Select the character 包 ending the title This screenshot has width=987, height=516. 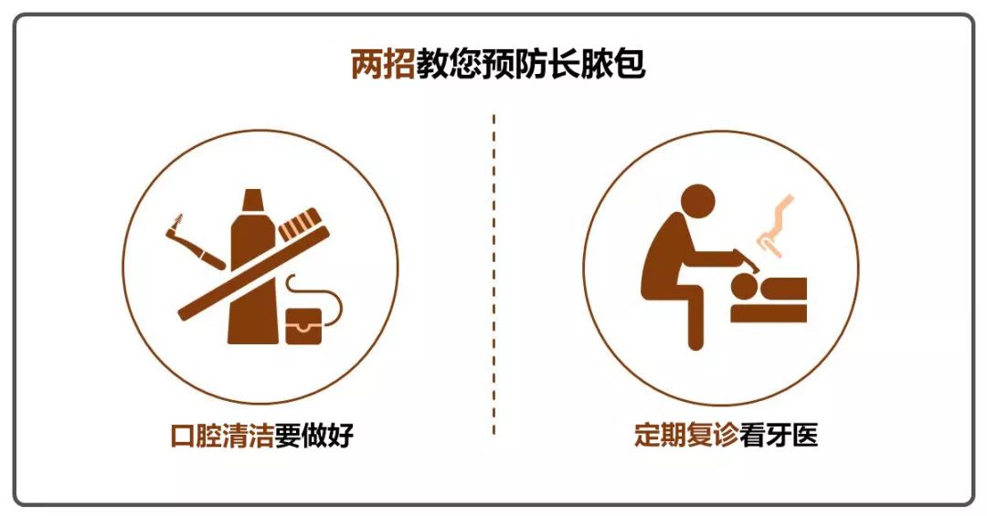tap(629, 64)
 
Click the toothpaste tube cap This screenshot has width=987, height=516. tap(252, 199)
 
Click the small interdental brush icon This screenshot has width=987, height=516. tap(195, 242)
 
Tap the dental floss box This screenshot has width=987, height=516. tap(303, 326)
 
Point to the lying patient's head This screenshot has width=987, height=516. tap(745, 290)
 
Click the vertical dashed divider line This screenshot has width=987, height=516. tap(493, 274)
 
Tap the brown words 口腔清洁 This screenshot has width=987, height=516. tap(222, 436)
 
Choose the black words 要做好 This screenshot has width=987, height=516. tap(313, 436)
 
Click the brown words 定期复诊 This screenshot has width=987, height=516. tap(686, 435)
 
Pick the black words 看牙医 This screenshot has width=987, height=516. tap(779, 435)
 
